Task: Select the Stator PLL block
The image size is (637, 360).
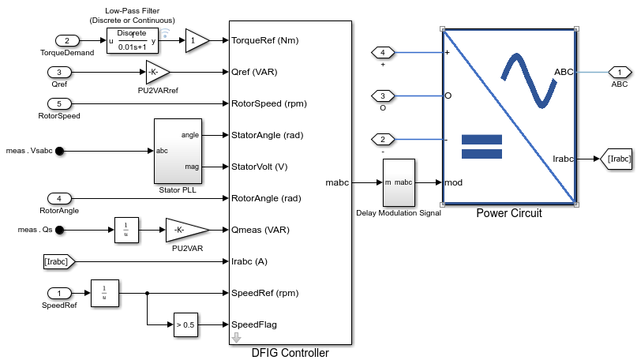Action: tap(178, 151)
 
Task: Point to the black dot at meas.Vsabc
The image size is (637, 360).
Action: tap(59, 151)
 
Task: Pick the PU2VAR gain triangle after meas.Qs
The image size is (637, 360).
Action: tap(186, 230)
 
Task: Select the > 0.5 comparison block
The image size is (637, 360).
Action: tap(185, 324)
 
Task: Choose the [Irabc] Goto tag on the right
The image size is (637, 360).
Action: tap(618, 159)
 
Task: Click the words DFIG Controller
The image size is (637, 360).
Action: tap(289, 353)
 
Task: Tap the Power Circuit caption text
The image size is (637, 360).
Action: tap(509, 213)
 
